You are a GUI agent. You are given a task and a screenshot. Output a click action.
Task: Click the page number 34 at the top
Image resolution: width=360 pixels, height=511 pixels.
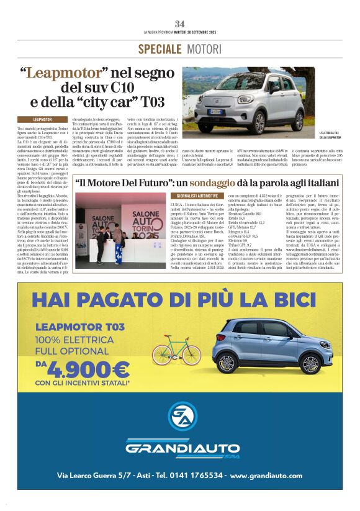point(180,24)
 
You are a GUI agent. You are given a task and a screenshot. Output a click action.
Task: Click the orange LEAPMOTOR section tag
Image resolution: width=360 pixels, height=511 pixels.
point(43,119)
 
